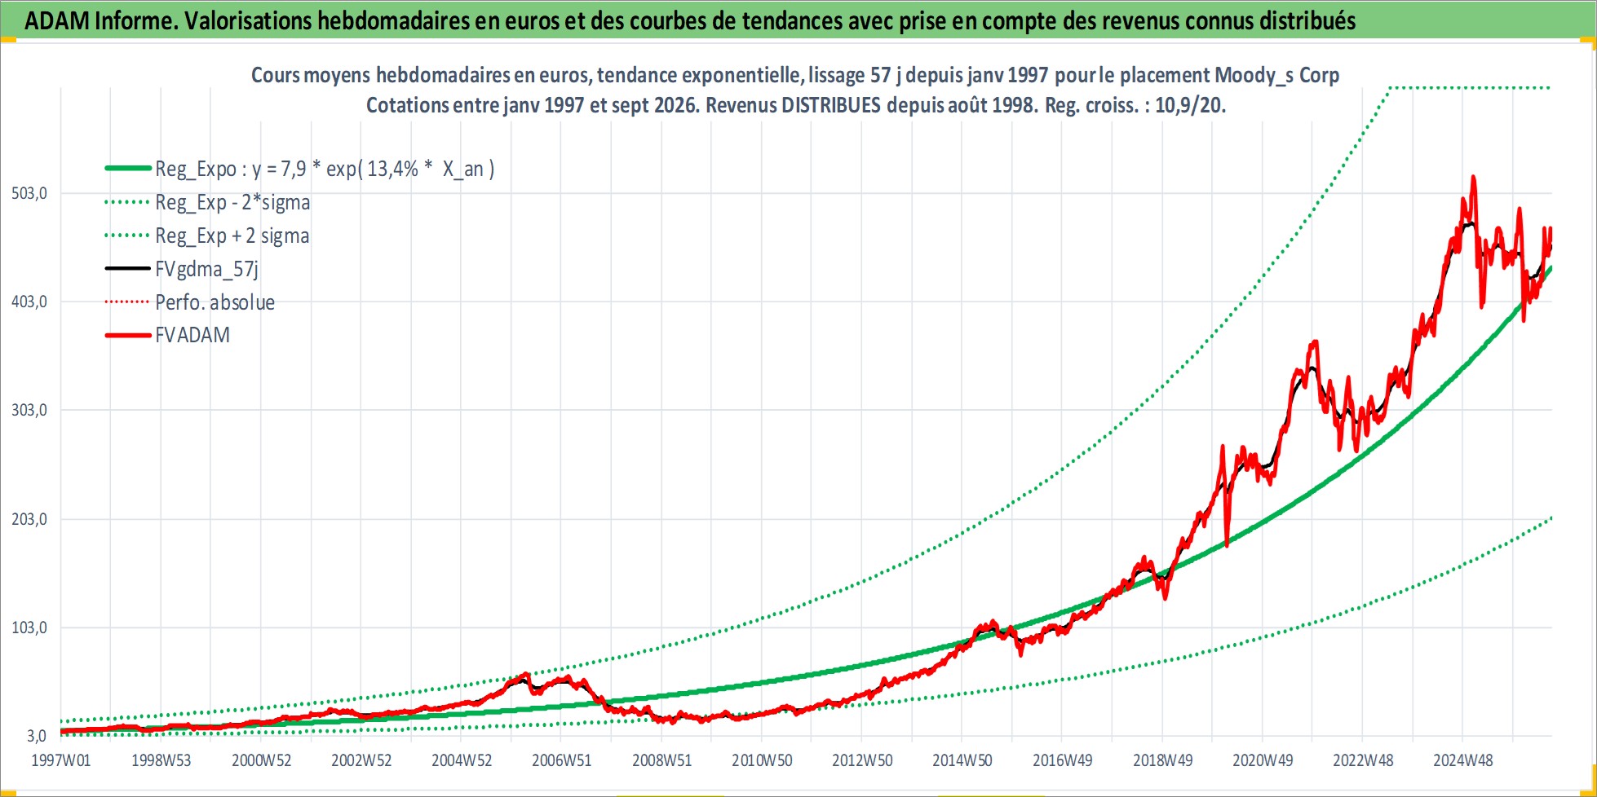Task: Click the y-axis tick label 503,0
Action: tap(29, 194)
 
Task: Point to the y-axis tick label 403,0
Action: tap(29, 302)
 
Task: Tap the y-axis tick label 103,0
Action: tap(29, 628)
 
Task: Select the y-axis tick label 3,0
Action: tap(37, 737)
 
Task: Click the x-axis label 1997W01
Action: tap(61, 761)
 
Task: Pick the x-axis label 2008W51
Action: tap(661, 761)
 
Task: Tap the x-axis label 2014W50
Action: tap(962, 761)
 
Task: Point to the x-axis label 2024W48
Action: tap(1463, 761)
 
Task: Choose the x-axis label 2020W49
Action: tap(1263, 761)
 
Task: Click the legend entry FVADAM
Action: tap(192, 335)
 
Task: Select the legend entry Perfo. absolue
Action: tap(215, 302)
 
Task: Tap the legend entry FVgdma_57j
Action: tap(206, 269)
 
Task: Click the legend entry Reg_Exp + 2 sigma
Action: tap(232, 236)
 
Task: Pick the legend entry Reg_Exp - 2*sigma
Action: tap(232, 202)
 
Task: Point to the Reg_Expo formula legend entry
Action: tap(325, 169)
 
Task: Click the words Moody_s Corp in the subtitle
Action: tap(1276, 76)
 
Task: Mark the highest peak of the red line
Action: tap(1473, 177)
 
